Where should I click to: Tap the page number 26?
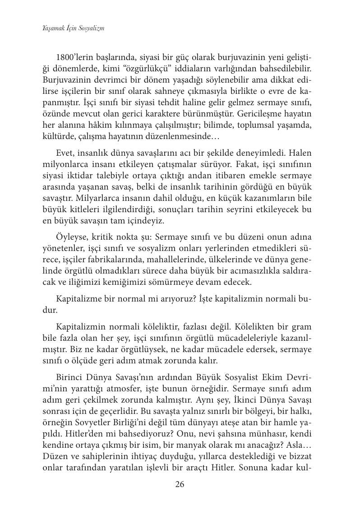point(180,485)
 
